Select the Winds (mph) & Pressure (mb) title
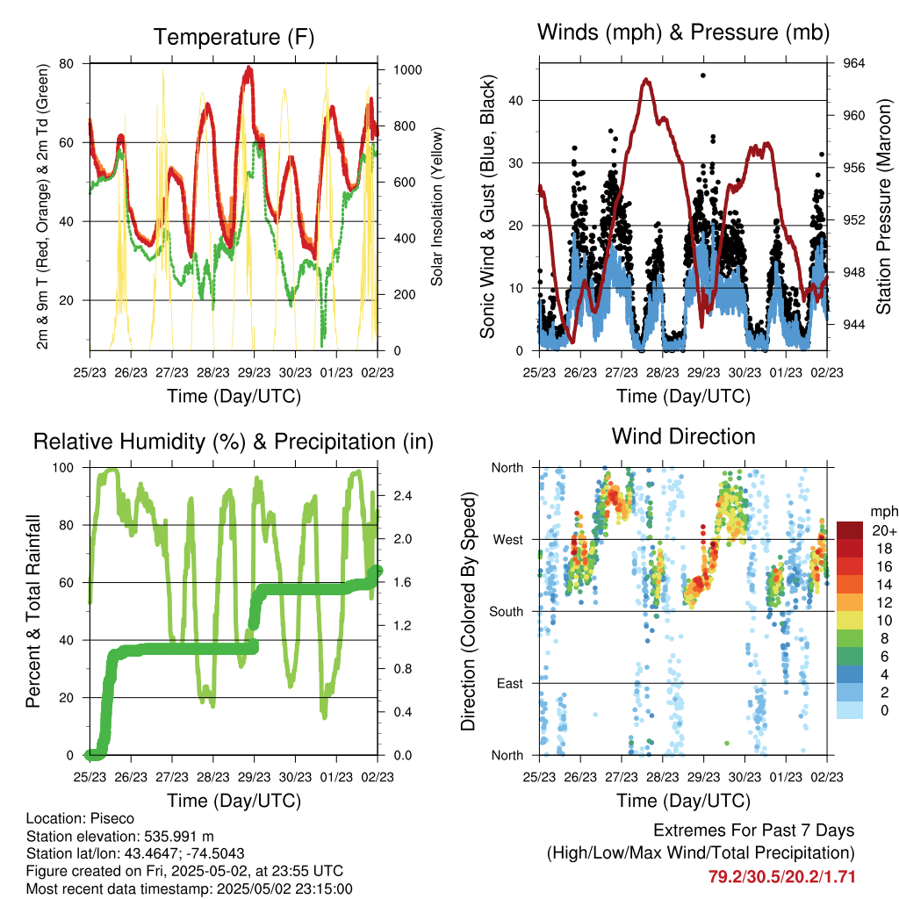683,32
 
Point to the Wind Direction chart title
683,435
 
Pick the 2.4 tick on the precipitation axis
395,496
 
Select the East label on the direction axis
508,683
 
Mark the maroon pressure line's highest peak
646,80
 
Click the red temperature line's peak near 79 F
249,68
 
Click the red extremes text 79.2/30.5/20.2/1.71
781,876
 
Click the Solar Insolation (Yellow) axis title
436,206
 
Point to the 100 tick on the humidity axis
68,468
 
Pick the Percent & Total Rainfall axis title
32,611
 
